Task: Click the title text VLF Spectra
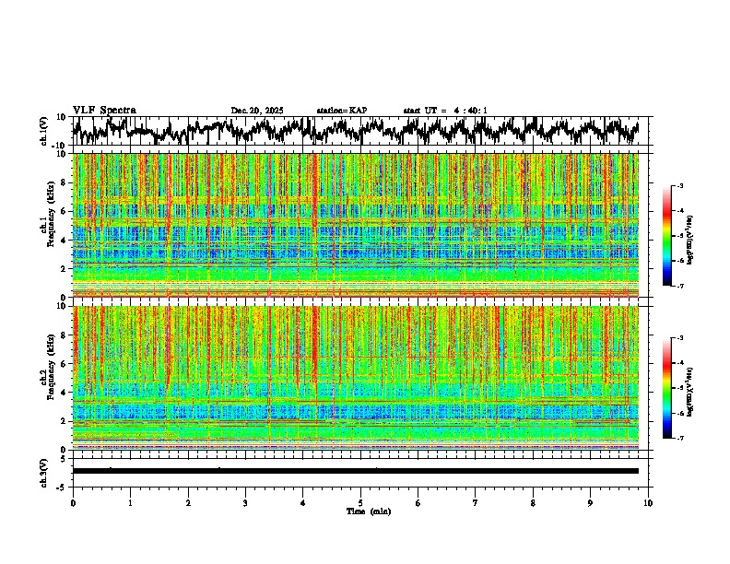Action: pyautogui.click(x=104, y=111)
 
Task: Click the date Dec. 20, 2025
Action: pyautogui.click(x=257, y=111)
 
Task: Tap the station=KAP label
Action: pyautogui.click(x=341, y=111)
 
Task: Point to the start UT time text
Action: pyautogui.click(x=445, y=111)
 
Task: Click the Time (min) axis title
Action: pyautogui.click(x=360, y=511)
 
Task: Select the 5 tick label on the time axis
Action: pyautogui.click(x=360, y=502)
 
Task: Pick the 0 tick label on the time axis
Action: pyautogui.click(x=73, y=502)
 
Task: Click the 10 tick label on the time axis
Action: pyautogui.click(x=648, y=502)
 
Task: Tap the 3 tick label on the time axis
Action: pyautogui.click(x=245, y=502)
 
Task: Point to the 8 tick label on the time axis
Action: pyautogui.click(x=533, y=502)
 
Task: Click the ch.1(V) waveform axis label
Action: pyautogui.click(x=43, y=131)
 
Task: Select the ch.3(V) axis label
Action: pyautogui.click(x=43, y=471)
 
